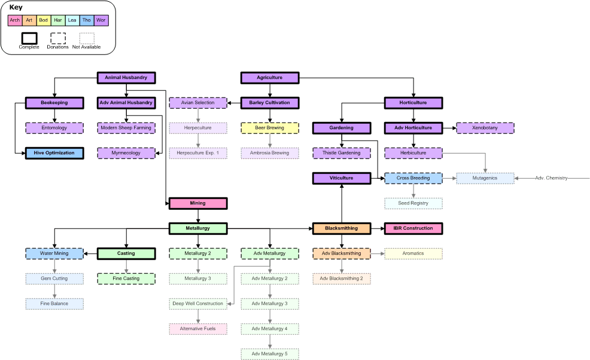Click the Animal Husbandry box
[x=126, y=78]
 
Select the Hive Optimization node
[x=54, y=153]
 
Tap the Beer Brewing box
[x=269, y=128]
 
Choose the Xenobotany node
[x=485, y=128]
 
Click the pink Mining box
[x=197, y=203]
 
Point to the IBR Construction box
[x=413, y=228]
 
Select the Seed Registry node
[x=413, y=203]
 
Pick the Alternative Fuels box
[x=197, y=329]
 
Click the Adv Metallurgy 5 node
[x=269, y=354]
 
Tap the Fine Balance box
[x=54, y=304]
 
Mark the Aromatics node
[x=413, y=254]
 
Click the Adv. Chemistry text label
[x=551, y=178]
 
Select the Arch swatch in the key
[x=15, y=20]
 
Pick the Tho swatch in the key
[x=87, y=20]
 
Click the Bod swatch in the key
[x=44, y=20]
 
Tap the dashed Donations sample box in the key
[x=58, y=38]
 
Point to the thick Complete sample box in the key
[x=29, y=38]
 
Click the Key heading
[x=16, y=7]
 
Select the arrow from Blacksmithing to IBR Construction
[x=377, y=228]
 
